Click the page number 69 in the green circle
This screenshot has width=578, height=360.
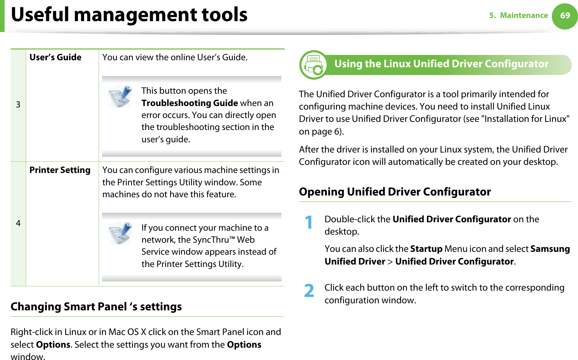point(565,15)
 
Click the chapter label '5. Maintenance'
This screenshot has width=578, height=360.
point(518,15)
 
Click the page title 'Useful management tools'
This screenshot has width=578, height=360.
point(129,15)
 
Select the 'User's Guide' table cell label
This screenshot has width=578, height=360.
point(55,57)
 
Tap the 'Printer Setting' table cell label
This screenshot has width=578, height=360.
point(60,170)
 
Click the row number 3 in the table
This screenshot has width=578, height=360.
point(18,105)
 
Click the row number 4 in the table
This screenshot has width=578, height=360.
point(18,223)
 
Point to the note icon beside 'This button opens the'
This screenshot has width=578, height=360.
point(120,96)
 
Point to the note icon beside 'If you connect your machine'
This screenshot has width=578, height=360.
point(120,233)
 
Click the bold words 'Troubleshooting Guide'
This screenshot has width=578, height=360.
point(189,103)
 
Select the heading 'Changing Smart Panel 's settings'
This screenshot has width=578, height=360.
point(96,307)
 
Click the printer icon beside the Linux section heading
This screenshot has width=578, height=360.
point(313,65)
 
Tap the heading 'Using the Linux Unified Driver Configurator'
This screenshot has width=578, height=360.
point(441,64)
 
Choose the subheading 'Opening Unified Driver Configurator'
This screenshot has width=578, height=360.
point(394,192)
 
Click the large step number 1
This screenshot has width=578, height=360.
point(309,223)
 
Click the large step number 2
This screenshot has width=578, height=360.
point(309,291)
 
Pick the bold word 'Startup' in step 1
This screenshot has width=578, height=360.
point(426,249)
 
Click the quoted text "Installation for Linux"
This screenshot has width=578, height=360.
point(527,119)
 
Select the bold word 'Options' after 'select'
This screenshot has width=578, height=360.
point(53,345)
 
